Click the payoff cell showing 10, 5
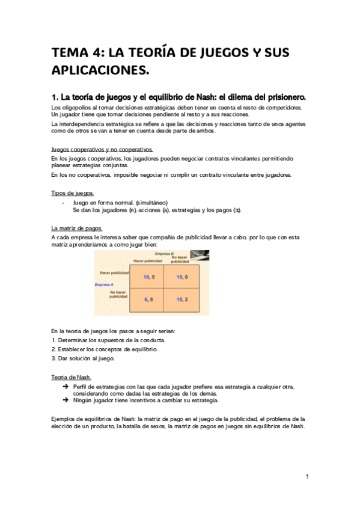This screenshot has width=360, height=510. pyautogui.click(x=150, y=277)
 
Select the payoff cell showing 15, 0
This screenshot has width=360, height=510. pyautogui.click(x=183, y=277)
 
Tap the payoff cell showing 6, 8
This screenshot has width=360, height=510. pyautogui.click(x=150, y=300)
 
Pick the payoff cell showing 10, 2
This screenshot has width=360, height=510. pyautogui.click(x=183, y=300)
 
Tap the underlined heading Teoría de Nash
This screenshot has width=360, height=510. pyautogui.click(x=71, y=376)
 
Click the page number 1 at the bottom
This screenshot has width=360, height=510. pyautogui.click(x=307, y=477)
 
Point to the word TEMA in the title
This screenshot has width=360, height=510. pyautogui.click(x=70, y=53)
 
